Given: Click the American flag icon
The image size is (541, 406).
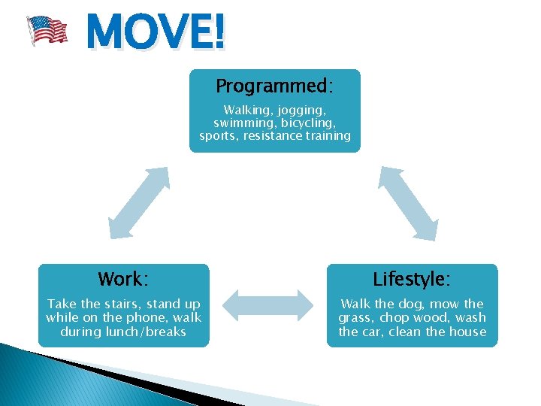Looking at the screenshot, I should [47, 31].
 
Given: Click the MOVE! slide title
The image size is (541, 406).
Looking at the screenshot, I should [155, 32].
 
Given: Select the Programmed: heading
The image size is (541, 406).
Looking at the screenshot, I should [274, 85].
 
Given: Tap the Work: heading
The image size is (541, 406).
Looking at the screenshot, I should [123, 279].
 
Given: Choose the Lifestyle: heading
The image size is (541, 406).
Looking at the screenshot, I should [412, 279].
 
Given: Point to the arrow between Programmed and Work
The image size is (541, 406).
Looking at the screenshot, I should [138, 203].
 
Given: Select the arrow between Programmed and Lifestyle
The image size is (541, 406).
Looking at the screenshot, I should [408, 203].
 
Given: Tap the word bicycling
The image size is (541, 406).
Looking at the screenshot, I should [308, 123].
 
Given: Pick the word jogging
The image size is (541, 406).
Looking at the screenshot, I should [301, 109].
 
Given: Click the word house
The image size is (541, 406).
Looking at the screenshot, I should [468, 332].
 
